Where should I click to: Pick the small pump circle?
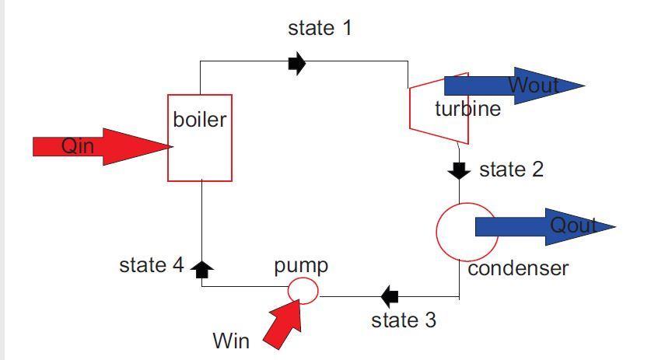coord(303,290)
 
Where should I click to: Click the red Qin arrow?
coord(101,146)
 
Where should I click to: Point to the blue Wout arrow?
coord(513,86)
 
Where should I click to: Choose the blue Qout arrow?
coord(544,226)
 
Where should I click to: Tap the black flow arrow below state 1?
coord(296,63)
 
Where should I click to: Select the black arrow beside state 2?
coord(460,170)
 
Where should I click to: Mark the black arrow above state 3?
coord(390,295)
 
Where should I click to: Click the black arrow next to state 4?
coord(202,269)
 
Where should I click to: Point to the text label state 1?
coord(320,28)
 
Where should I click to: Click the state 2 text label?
coord(511,169)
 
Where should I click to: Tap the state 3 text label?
coord(404,320)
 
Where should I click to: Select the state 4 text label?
coord(152,265)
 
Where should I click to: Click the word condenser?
coord(518,268)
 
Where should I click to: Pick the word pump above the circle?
coord(301,265)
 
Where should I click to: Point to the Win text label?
coord(231,341)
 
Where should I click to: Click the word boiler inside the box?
coord(200,120)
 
